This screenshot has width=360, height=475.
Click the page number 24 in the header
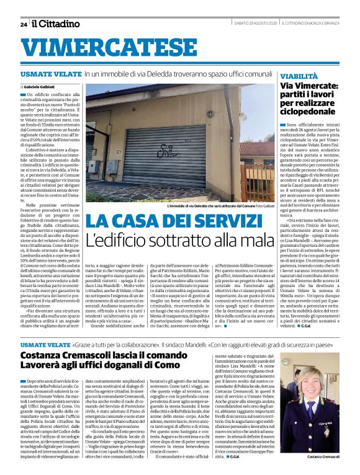click(24, 24)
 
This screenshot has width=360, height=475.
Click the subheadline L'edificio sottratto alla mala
click(180, 238)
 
